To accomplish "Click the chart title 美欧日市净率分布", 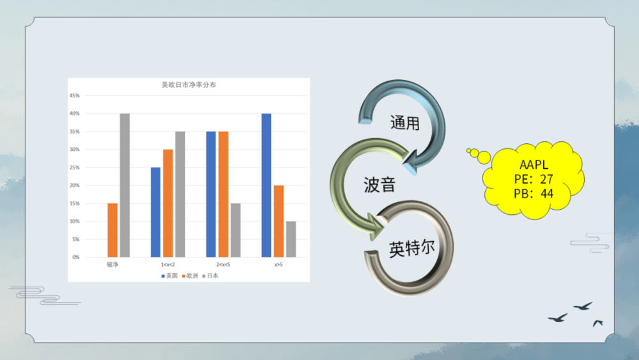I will (x=189, y=85).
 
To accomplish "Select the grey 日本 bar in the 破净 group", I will (x=125, y=185).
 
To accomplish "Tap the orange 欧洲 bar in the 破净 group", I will (x=112, y=230).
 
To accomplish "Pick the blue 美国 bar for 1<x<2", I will (x=155, y=212).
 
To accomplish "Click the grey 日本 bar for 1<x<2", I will (x=180, y=194).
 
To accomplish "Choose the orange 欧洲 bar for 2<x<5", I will (x=224, y=194).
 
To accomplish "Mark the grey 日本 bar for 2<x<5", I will (x=235, y=230).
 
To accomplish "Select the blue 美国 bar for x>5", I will (x=266, y=185).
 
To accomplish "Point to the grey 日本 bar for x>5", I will (x=291, y=239).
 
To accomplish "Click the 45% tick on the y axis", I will (x=75, y=96).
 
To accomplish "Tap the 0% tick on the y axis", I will (x=76, y=257).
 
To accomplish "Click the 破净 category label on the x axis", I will (x=112, y=264).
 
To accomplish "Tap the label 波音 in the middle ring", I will (x=379, y=185).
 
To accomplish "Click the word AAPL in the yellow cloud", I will (x=534, y=164).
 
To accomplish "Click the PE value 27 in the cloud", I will (x=546, y=179).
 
